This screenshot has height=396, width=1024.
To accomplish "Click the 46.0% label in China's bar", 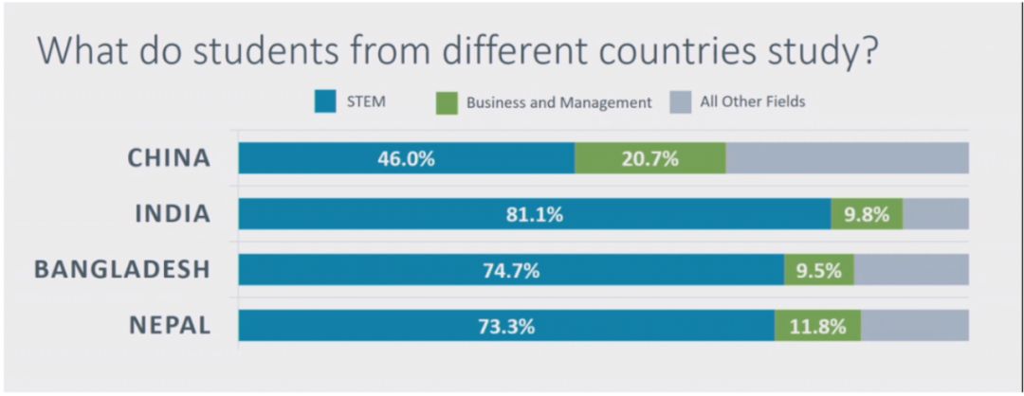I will pyautogui.click(x=406, y=158).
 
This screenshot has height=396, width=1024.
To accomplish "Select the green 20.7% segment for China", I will pyautogui.click(x=649, y=158).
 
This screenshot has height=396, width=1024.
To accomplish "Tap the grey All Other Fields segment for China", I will pyautogui.click(x=847, y=158).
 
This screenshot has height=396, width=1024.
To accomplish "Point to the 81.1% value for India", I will pyautogui.click(x=535, y=214).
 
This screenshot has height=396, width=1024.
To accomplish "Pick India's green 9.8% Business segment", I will pyautogui.click(x=867, y=214).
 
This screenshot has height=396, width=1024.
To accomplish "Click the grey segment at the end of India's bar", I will pyautogui.click(x=935, y=214).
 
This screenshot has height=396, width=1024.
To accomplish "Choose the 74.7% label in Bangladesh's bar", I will pyautogui.click(x=511, y=270).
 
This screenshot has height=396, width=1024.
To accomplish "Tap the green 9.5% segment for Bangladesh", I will pyautogui.click(x=819, y=270).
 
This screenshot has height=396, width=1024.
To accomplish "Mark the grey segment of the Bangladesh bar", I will pyautogui.click(x=911, y=270).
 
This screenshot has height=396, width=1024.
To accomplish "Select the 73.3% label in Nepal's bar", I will pyautogui.click(x=506, y=326).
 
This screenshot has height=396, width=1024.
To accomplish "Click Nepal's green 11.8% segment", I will pyautogui.click(x=817, y=326).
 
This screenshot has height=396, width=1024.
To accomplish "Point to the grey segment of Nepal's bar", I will pyautogui.click(x=914, y=326).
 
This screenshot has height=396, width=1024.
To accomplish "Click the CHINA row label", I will pyautogui.click(x=169, y=158).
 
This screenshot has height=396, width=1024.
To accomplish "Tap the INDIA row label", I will pyautogui.click(x=172, y=214).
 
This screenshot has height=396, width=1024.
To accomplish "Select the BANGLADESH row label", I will pyautogui.click(x=121, y=270).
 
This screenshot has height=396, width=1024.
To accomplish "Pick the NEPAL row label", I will pyautogui.click(x=169, y=326).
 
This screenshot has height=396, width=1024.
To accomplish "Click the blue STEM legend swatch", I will pyautogui.click(x=325, y=101).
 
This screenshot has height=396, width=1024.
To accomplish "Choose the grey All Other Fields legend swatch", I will pyautogui.click(x=680, y=101).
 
